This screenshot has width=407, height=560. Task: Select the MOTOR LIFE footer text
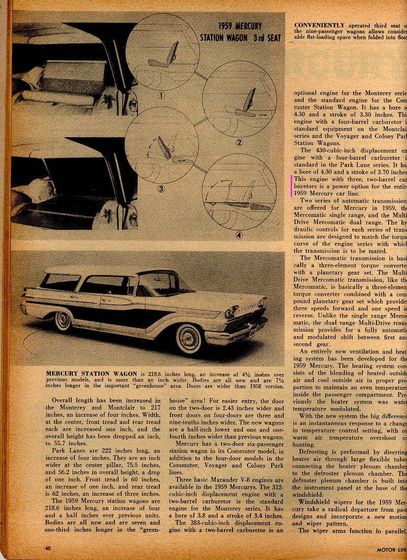pos(391,549)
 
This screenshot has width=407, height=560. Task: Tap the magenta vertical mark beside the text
pos(292,185)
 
